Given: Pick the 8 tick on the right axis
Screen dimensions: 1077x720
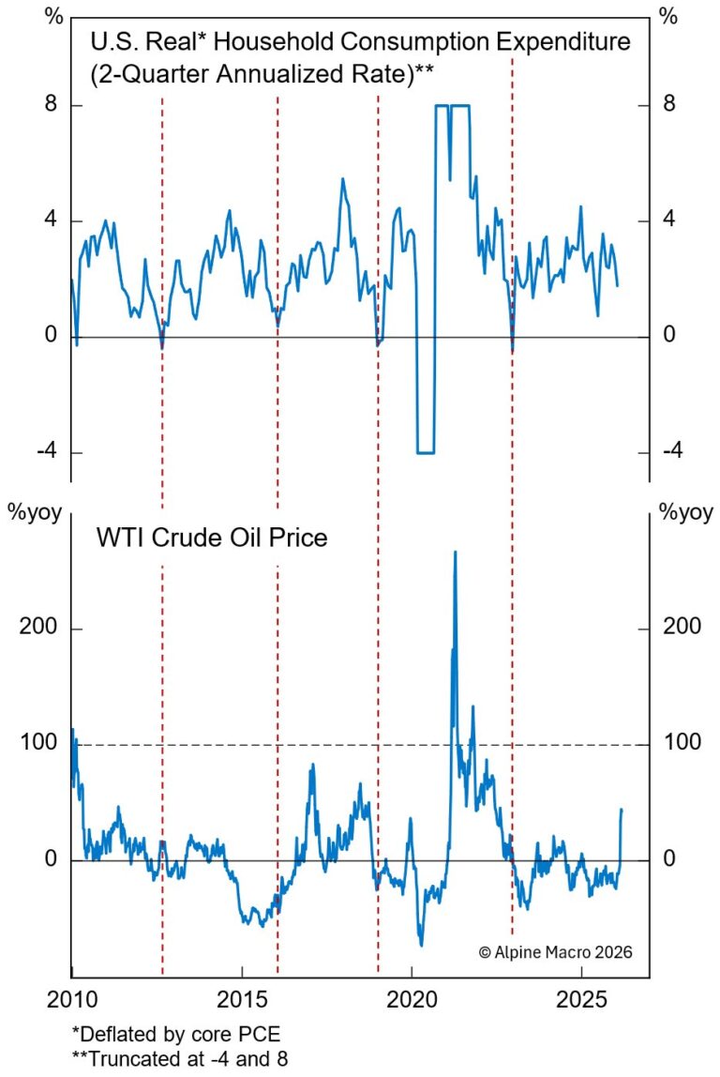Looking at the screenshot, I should pos(669,105).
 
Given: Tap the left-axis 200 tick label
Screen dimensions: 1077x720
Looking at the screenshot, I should pos(38,629).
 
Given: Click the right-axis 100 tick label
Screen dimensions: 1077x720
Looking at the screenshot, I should pos(682,744).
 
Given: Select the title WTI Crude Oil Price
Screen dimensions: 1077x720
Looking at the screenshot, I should pos(212,539).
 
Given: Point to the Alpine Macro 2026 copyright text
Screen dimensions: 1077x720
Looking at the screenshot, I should pos(556,951).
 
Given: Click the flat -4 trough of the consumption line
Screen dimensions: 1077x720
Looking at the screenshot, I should pos(426,452).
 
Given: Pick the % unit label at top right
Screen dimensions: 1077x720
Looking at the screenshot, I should pos(668,16).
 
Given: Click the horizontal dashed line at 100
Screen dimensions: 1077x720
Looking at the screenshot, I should pos(281,745).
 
